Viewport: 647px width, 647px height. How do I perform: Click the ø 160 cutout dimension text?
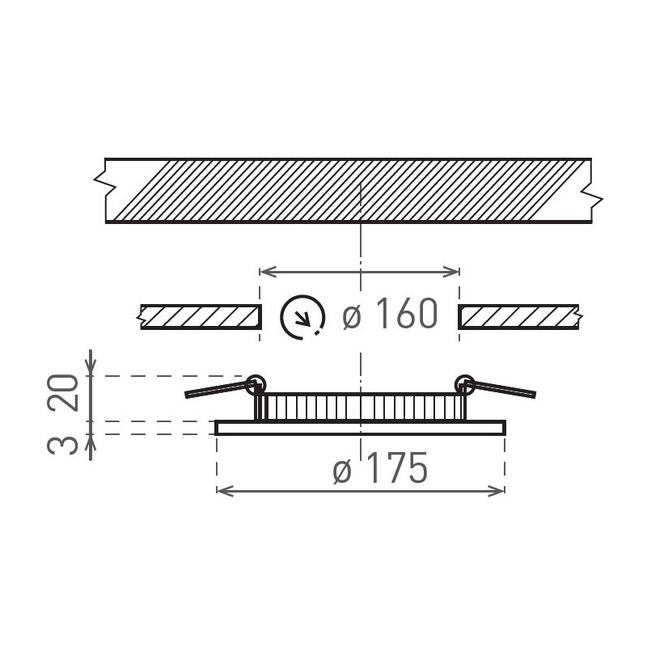click(390, 315)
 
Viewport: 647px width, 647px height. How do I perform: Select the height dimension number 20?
click(70, 393)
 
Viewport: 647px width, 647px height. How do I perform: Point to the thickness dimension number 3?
click(70, 444)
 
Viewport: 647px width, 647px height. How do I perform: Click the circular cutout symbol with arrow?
click(302, 316)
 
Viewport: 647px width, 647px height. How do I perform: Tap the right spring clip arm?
click(505, 389)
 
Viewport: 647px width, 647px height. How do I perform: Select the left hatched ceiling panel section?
click(200, 316)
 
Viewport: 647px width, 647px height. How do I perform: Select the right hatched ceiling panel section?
click(518, 316)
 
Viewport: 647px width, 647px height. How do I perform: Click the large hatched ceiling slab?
click(348, 189)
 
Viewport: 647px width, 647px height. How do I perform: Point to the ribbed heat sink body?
click(361, 406)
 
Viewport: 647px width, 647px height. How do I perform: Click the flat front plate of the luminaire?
click(361, 428)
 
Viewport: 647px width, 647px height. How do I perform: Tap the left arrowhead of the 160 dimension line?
click(264, 270)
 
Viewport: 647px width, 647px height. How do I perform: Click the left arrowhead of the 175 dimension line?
click(222, 489)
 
